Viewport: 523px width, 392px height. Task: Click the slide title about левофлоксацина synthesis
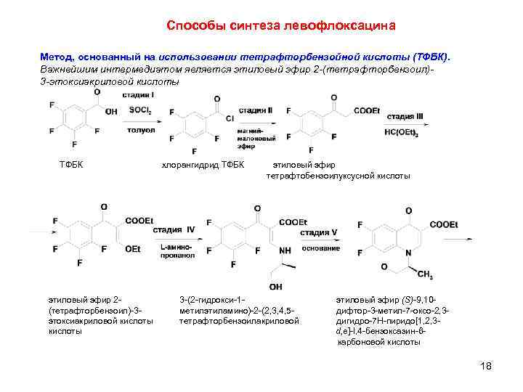(280, 26)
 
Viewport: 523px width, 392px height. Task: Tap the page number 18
(486, 366)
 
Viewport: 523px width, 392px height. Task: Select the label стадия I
(136, 95)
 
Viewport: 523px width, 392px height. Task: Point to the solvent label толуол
(141, 130)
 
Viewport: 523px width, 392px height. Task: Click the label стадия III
(405, 116)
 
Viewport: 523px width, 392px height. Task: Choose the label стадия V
(319, 233)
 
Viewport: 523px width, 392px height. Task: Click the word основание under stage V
(320, 248)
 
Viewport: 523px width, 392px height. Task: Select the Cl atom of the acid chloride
(230, 118)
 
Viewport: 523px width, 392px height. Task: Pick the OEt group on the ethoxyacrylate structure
(132, 249)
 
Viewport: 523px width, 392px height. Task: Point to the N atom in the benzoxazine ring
(408, 252)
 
